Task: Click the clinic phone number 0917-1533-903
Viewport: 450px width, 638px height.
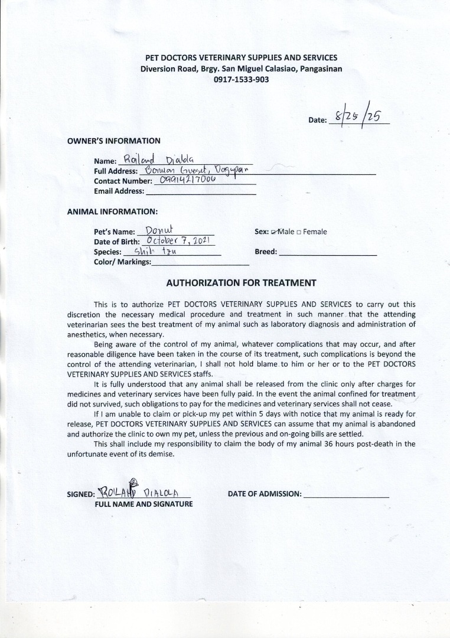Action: click(241, 79)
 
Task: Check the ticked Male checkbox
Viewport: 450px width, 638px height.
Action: click(274, 232)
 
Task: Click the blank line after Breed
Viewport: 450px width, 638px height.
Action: click(327, 253)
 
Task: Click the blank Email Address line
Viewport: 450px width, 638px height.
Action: click(200, 193)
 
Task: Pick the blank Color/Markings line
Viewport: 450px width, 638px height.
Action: click(200, 263)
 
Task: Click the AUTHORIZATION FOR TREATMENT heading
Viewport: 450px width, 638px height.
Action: click(241, 283)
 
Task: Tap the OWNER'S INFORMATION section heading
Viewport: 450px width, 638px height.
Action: click(113, 141)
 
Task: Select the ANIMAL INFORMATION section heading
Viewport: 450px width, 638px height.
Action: click(112, 211)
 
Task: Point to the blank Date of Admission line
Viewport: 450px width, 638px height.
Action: click(346, 495)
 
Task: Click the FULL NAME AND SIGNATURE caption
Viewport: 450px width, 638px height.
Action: click(144, 504)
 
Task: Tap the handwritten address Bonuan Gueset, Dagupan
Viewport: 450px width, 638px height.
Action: click(194, 170)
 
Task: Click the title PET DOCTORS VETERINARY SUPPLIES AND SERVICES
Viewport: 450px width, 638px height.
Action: click(241, 57)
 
